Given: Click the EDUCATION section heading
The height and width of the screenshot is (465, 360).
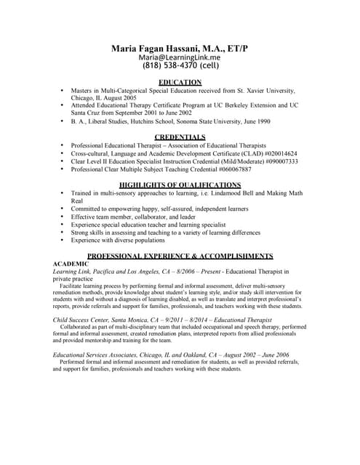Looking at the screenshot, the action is pyautogui.click(x=180, y=82).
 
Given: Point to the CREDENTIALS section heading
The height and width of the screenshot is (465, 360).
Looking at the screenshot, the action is pyautogui.click(x=180, y=137).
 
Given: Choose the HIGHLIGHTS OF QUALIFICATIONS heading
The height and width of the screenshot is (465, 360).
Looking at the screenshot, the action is pyautogui.click(x=180, y=185).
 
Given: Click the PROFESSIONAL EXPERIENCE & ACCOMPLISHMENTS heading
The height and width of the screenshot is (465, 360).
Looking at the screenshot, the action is pyautogui.click(x=180, y=256).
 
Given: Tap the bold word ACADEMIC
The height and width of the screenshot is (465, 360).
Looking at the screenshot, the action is pyautogui.click(x=71, y=264).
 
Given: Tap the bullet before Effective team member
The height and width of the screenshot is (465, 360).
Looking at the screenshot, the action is pyautogui.click(x=63, y=217).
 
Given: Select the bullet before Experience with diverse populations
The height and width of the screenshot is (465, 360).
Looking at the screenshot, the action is pyautogui.click(x=63, y=240).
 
